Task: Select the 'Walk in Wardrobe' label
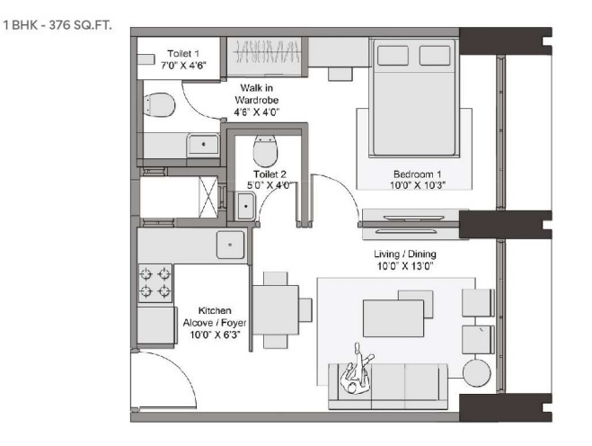(250, 94)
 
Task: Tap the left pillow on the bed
(393, 56)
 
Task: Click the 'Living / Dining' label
(404, 254)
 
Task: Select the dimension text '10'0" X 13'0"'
(404, 265)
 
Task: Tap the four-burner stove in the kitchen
(154, 281)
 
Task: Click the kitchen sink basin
(231, 244)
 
